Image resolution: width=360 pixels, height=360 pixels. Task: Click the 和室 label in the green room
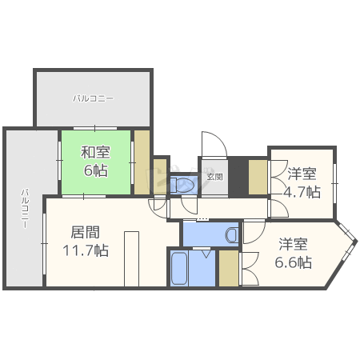(x=95, y=152)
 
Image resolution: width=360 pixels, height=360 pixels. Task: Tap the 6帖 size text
(x=96, y=170)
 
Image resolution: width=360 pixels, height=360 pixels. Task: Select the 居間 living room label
(x=86, y=232)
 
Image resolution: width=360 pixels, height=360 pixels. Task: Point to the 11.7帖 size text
(x=86, y=250)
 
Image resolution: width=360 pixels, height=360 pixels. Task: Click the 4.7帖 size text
(x=302, y=192)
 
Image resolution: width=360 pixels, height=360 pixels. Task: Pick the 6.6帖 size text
(x=294, y=262)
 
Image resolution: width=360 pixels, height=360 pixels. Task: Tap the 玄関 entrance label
(x=215, y=177)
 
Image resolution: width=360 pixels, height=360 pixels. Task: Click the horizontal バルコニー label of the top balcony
(x=94, y=98)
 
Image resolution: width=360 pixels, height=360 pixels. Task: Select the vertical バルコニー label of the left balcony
(x=25, y=208)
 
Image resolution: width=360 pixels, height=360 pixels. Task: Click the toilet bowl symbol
(x=184, y=185)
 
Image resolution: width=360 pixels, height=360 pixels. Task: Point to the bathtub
(x=179, y=268)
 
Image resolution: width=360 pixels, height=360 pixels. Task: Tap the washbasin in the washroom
(x=232, y=234)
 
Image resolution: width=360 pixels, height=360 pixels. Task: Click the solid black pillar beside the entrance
(x=238, y=177)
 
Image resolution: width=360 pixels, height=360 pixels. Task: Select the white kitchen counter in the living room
(x=132, y=259)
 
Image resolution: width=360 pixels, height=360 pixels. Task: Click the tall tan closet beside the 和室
(x=142, y=162)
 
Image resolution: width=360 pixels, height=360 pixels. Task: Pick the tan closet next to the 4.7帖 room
(x=258, y=177)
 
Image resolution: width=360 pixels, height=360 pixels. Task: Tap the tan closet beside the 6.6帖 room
(x=229, y=268)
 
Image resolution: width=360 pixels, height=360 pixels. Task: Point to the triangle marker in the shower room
(x=206, y=254)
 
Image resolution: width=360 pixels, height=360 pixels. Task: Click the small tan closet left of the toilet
(x=160, y=176)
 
